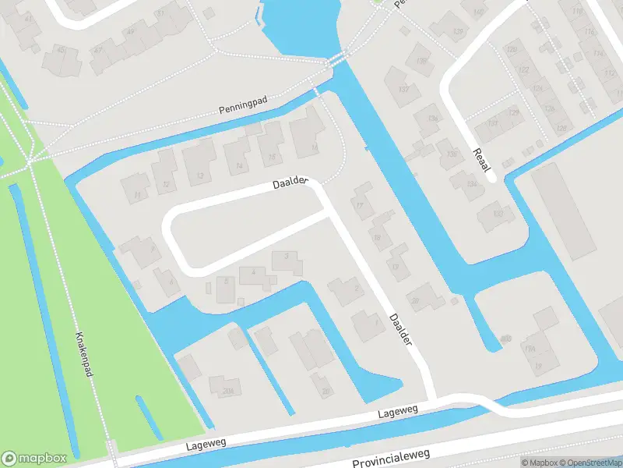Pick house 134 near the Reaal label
tap(470, 185)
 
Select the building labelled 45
tap(61, 50)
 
